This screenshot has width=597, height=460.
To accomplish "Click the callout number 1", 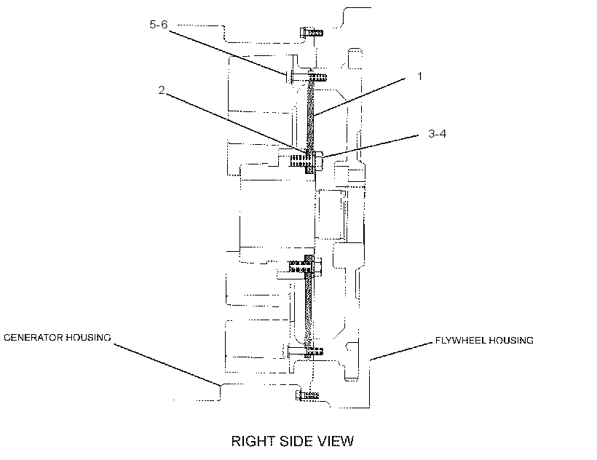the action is coord(419,76).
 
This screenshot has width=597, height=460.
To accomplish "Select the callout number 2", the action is coord(162,90).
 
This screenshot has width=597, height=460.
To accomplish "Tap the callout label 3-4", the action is coord(437,133).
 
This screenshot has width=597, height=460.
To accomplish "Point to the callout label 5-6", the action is coord(159,25).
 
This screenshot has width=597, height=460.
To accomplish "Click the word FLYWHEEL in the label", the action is coord(460,341).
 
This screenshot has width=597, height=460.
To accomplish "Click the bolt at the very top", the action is coord(312,32).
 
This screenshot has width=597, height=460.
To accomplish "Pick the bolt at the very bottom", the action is coord(308,395).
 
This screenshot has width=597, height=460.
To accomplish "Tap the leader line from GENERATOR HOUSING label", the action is coord(167,365).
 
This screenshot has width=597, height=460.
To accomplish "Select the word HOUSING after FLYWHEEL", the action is coord(511,341).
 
